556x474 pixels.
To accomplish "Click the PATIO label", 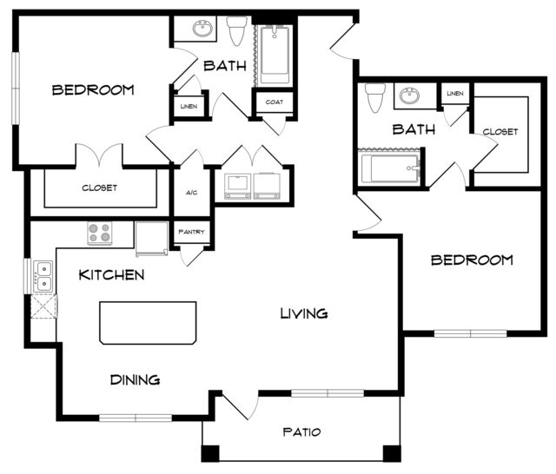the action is [x=301, y=431].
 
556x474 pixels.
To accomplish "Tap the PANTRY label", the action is [x=191, y=232].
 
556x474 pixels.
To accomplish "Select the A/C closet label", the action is [x=191, y=193].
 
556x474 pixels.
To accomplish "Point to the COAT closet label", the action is [x=275, y=102].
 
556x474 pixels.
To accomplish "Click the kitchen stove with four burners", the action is [x=100, y=233].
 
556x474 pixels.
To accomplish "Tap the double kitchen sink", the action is [x=43, y=277].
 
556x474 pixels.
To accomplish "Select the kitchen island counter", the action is [x=148, y=323].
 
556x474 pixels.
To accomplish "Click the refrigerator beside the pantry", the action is [x=152, y=239].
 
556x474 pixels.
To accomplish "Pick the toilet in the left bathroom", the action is [x=237, y=31].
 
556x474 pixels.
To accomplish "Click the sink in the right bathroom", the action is [x=409, y=95].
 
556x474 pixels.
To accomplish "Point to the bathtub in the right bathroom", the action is [x=389, y=168].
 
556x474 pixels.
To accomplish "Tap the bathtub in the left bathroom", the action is [x=275, y=55].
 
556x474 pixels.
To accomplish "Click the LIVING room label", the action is [x=304, y=313].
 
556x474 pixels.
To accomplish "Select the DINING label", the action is [x=136, y=379].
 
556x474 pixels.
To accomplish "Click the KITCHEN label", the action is [x=111, y=275].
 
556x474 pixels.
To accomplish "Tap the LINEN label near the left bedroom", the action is [x=189, y=106].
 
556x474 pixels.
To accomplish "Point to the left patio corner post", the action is [x=210, y=453].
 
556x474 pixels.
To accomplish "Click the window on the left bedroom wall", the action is [x=16, y=89].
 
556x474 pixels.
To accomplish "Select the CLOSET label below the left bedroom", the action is [x=100, y=188].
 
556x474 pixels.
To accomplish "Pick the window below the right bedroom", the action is [x=471, y=333].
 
